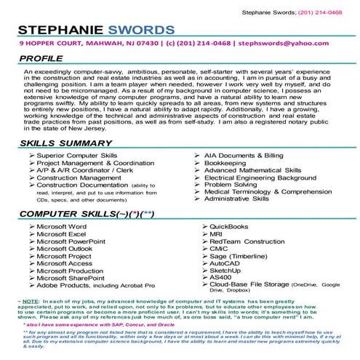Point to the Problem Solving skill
[x=234, y=184]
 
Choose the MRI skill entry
[x=215, y=235]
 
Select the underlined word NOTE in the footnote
[x=31, y=301]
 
